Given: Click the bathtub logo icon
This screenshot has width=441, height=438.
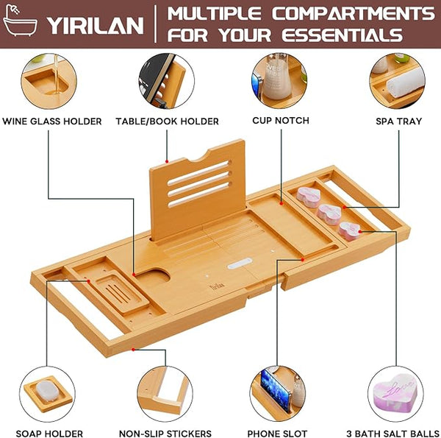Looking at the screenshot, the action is coord(19,21).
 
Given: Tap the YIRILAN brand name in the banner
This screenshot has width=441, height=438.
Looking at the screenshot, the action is coord(95,26).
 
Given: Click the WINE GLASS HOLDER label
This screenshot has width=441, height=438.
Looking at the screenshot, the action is coord(52,121).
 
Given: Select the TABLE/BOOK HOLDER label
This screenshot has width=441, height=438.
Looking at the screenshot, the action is coord(167,121).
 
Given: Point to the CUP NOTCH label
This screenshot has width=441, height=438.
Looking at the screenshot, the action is coord(281,121).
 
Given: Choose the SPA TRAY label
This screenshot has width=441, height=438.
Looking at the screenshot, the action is coord(399,121).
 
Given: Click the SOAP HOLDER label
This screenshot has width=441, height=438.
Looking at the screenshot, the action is coord(49,434).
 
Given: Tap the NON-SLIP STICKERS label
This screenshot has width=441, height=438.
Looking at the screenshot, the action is coord(165,434).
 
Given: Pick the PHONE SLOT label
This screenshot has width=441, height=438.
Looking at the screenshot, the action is coord(277,434).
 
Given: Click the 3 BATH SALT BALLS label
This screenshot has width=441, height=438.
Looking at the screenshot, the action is coord(393,434).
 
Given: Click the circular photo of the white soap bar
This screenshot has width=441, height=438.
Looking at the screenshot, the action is coord(47,394).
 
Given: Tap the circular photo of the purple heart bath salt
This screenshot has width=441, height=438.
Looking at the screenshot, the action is coord(395,394).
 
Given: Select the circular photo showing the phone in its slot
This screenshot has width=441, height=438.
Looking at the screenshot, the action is coord(278,394).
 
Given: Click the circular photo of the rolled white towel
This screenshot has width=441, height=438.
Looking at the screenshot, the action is coord(397,81).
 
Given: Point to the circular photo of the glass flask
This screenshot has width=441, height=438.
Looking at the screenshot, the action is coord(279,81).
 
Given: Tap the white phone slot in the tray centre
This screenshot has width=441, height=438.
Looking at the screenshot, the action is coord(240,264).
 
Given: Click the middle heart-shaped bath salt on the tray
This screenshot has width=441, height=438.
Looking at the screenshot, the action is coord(329,214).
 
